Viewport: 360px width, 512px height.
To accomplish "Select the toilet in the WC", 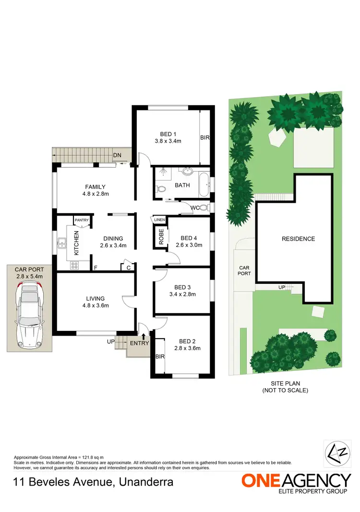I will click(x=204, y=208).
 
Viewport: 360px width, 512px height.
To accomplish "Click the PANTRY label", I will click(x=82, y=220).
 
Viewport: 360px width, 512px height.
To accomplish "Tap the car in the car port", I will click(x=29, y=315).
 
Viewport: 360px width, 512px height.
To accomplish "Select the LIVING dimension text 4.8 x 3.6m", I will click(x=96, y=305).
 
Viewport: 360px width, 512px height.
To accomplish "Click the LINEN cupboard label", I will click(x=159, y=220).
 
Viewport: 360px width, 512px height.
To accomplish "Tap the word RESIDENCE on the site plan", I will click(x=298, y=239).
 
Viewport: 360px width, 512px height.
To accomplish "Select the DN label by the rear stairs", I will click(x=117, y=155).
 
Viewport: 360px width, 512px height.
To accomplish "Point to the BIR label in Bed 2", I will click(x=159, y=357).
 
